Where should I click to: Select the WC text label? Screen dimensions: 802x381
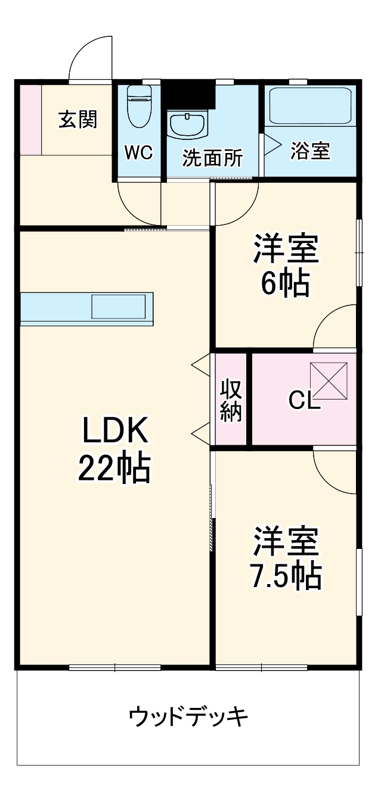[x=138, y=153]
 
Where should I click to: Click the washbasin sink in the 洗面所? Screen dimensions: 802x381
[x=188, y=124]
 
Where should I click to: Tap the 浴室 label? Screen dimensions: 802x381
[x=310, y=151]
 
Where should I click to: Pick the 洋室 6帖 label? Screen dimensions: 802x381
[x=286, y=266]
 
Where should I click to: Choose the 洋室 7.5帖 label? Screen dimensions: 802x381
[x=286, y=558]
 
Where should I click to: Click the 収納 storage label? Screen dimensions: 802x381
[x=231, y=400]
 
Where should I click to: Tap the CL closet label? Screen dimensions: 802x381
[x=304, y=401]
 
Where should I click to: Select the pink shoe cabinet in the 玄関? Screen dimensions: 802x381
[x=30, y=118]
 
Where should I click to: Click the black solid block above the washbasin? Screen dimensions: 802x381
[x=190, y=94]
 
